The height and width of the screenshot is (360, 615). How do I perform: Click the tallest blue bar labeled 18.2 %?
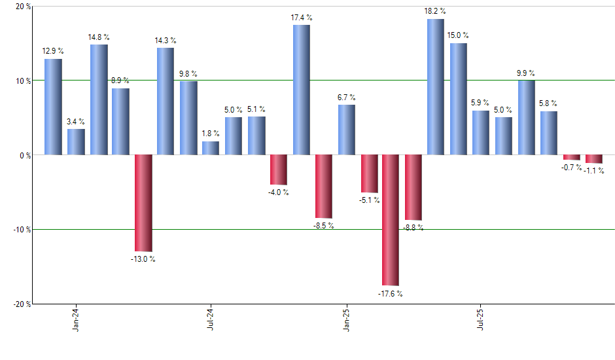pyautogui.click(x=436, y=87)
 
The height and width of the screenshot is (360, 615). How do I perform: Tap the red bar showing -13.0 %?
pyautogui.click(x=143, y=203)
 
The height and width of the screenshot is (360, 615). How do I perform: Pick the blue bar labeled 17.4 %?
pyautogui.click(x=301, y=90)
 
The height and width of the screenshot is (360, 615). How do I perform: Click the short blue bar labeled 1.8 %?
pyautogui.click(x=211, y=149)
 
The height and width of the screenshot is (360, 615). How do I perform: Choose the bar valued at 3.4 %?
pyautogui.click(x=76, y=142)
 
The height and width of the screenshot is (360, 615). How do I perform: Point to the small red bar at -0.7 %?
pyautogui.click(x=572, y=157)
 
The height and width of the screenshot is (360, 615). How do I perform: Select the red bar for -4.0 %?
pyautogui.click(x=279, y=170)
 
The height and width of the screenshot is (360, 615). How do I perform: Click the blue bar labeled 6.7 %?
pyautogui.click(x=346, y=130)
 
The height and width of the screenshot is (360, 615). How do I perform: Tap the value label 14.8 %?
pyautogui.click(x=98, y=37)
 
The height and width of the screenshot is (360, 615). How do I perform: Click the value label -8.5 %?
pyautogui.click(x=323, y=226)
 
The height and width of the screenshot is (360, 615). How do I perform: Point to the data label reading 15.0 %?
pyautogui.click(x=458, y=36)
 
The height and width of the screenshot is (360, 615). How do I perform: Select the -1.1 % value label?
pyautogui.click(x=594, y=171)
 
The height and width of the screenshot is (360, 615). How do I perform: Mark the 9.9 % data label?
pyautogui.click(x=526, y=73)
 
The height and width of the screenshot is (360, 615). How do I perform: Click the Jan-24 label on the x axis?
pyautogui.click(x=77, y=320)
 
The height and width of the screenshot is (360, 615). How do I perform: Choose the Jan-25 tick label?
pyautogui.click(x=346, y=320)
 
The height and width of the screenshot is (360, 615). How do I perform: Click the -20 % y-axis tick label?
pyautogui.click(x=22, y=304)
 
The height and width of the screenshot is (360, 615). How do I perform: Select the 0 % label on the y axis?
pyautogui.click(x=26, y=155)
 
